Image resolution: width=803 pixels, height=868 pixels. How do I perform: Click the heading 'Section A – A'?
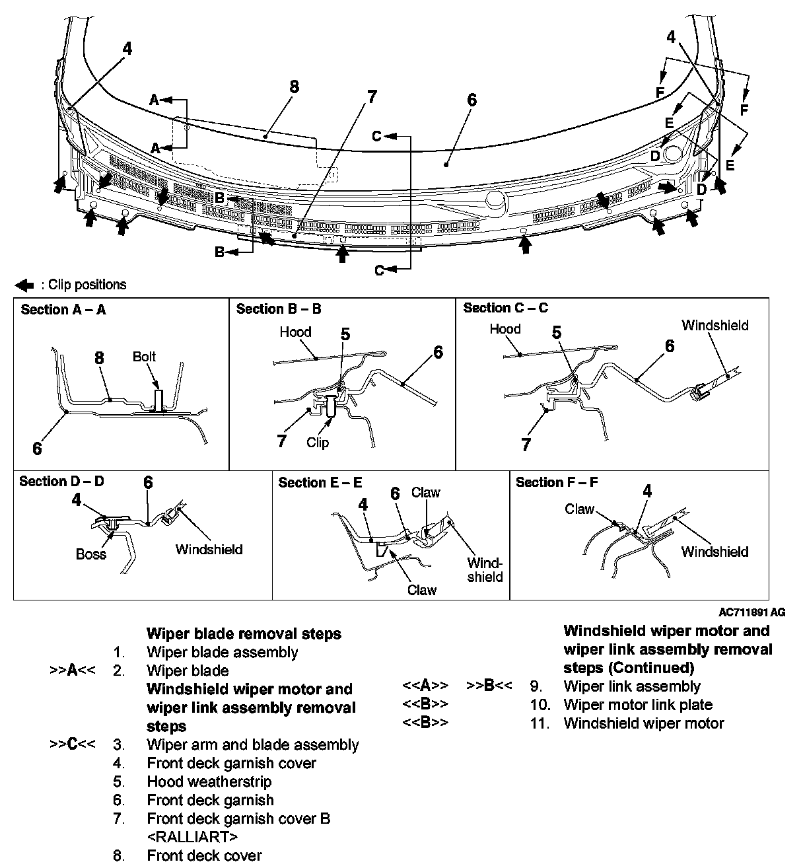(x=63, y=310)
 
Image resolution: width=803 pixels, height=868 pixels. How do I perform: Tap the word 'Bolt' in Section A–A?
(x=144, y=357)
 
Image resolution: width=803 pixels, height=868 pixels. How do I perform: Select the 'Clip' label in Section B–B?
(x=318, y=442)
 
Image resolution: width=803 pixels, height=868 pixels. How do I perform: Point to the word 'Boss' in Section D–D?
(x=90, y=554)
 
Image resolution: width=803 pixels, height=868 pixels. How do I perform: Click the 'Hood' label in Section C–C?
(x=505, y=329)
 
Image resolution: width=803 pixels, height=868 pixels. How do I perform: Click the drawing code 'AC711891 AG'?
(x=752, y=612)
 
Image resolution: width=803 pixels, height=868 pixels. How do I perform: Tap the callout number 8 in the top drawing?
(x=294, y=87)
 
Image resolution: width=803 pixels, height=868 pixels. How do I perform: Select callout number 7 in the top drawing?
(x=371, y=96)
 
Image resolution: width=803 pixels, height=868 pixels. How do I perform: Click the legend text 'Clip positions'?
(x=83, y=285)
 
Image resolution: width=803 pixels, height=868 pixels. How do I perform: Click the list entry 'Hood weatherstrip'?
(x=209, y=781)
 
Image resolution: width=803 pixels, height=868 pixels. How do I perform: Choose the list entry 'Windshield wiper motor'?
(x=643, y=723)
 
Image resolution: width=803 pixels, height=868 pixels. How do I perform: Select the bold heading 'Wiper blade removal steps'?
(x=244, y=633)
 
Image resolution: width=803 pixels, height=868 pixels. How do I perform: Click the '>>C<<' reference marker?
(x=72, y=744)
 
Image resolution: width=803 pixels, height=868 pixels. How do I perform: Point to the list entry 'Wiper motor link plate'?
(x=638, y=705)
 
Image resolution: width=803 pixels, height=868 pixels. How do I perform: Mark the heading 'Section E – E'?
(x=320, y=483)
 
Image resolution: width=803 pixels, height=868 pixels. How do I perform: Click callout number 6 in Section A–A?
(x=37, y=449)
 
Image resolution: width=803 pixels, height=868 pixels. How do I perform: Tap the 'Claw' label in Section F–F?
(x=579, y=509)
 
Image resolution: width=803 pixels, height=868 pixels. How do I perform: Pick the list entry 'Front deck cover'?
(x=204, y=855)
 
